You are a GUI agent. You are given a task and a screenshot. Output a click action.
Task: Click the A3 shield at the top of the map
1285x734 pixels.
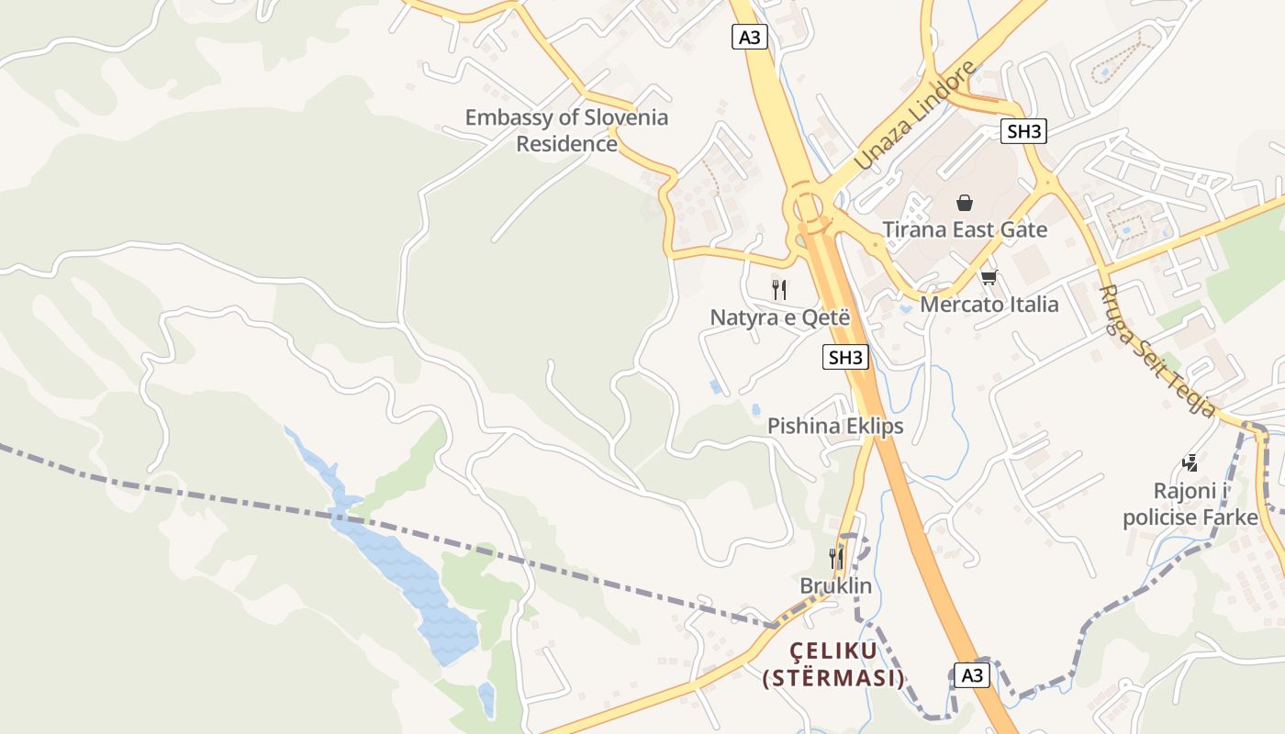[750, 37]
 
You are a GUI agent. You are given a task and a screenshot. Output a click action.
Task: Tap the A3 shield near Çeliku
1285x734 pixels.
[971, 675]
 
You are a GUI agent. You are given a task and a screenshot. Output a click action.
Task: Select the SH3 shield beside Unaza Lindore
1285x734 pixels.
[1023, 131]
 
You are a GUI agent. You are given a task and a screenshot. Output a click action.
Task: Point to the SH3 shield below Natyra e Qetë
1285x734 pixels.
[844, 357]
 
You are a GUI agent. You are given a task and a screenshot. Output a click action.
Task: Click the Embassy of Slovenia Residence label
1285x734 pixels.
[566, 130]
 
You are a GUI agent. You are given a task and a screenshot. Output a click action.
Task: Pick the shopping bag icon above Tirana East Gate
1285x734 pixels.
[965, 202]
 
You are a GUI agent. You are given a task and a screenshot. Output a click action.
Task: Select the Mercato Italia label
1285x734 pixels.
[989, 304]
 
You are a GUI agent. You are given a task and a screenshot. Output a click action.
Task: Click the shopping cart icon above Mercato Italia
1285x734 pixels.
[989, 276]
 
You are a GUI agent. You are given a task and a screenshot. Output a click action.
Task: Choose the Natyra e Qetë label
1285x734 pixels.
[780, 317]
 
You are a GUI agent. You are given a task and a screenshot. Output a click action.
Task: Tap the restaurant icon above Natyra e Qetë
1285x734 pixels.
[779, 290]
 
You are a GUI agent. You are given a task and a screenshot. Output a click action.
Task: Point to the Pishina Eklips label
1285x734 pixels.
[835, 426]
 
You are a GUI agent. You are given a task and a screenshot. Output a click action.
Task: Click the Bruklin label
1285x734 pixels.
[835, 585]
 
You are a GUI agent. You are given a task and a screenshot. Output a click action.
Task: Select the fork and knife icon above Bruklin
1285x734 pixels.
[835, 558]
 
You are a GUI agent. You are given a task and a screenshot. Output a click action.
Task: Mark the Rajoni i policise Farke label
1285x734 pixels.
[1190, 504]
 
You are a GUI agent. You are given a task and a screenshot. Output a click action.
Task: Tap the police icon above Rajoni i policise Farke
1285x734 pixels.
[1190, 463]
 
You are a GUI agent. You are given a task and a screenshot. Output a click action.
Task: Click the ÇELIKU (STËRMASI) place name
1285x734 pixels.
[833, 664]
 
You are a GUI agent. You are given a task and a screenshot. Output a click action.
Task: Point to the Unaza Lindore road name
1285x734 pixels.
[915, 116]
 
